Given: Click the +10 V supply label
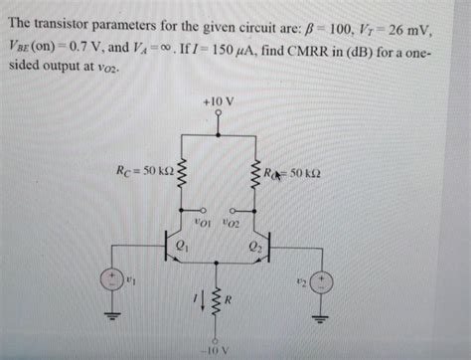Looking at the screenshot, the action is (217, 101).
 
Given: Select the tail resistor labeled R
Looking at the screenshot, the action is (217, 299).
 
